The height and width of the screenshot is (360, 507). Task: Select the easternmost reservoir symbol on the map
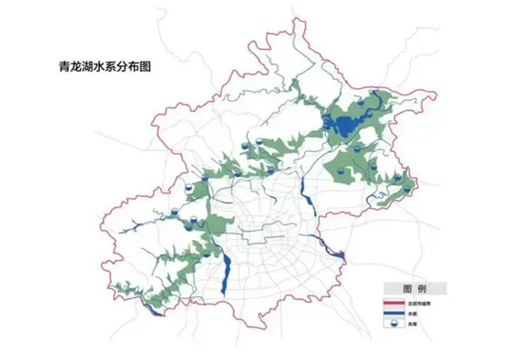click(x=397, y=178)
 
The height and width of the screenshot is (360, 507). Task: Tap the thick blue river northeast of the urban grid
click(x=301, y=191)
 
